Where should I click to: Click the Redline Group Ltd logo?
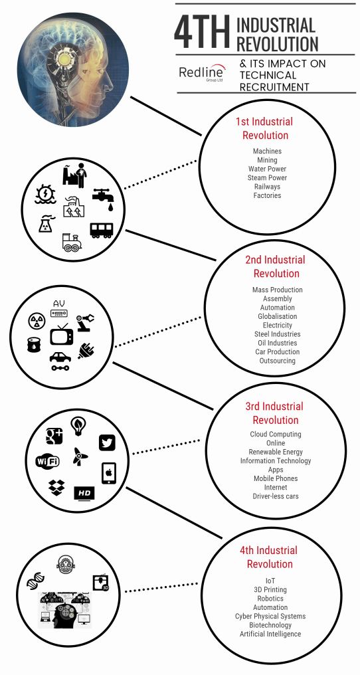click(201, 73)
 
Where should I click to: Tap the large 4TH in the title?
click(203, 33)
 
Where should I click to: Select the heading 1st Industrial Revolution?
click(264, 128)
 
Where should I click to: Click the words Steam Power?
click(267, 178)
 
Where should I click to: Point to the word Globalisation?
click(278, 316)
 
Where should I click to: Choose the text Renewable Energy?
click(276, 452)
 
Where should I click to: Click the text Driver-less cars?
click(276, 496)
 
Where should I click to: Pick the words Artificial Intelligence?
click(270, 634)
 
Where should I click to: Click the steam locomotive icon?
click(72, 242)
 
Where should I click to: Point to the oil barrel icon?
click(34, 345)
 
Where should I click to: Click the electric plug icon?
click(86, 350)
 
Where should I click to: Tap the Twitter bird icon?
click(107, 442)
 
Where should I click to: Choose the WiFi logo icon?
click(47, 462)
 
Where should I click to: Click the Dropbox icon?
click(56, 488)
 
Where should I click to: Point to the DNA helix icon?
click(34, 583)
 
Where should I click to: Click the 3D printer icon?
click(101, 583)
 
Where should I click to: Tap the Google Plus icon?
click(54, 436)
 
